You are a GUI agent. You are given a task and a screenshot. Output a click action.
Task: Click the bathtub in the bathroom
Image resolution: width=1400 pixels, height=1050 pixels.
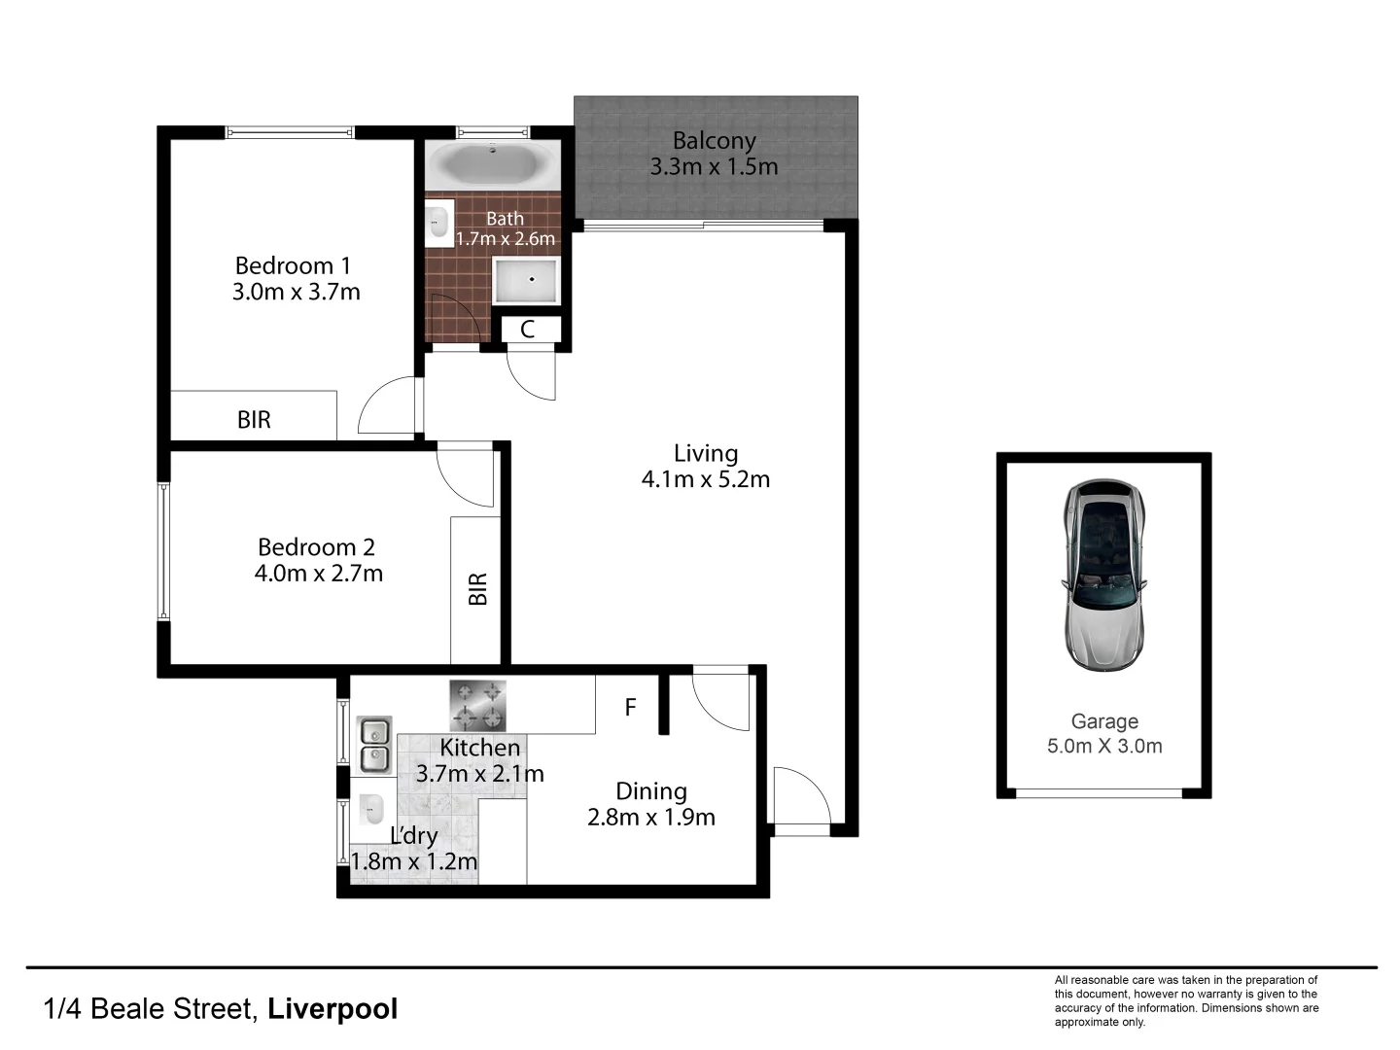[x=493, y=164]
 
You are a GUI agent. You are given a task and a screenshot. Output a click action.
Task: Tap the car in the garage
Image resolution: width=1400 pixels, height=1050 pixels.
[x=1103, y=575]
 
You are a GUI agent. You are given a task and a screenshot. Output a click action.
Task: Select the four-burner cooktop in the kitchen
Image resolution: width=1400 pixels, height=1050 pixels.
[x=477, y=705]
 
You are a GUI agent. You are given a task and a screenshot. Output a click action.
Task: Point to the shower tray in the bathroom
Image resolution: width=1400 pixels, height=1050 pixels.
[x=526, y=281]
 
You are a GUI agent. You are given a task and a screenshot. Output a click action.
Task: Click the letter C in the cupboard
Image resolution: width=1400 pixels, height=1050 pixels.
[x=527, y=330]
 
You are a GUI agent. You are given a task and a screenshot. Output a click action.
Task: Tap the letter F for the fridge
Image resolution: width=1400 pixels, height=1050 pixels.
[x=630, y=707]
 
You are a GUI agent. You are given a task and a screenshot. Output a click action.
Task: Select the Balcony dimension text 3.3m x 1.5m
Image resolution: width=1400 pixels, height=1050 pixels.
[x=714, y=167]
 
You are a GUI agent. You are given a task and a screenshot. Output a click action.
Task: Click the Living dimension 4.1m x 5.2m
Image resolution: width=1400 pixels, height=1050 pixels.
[x=706, y=479]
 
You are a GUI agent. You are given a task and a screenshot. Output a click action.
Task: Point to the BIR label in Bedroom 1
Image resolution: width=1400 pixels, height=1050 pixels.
[x=254, y=420]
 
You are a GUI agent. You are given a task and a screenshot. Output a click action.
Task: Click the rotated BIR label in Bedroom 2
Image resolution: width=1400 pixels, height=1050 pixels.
[x=477, y=589]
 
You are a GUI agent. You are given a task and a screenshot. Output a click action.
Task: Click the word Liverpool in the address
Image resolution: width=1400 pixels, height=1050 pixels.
[x=332, y=1009]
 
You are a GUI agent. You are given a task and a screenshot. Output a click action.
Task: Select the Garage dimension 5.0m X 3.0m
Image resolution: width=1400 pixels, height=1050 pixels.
[x=1104, y=746]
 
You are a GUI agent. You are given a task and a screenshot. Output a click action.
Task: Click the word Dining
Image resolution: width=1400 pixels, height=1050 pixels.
[x=651, y=791]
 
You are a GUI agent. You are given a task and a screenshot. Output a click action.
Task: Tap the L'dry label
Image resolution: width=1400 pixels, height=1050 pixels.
[x=413, y=836]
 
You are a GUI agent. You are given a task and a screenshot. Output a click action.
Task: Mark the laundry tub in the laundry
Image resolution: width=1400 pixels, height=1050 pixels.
[x=371, y=809]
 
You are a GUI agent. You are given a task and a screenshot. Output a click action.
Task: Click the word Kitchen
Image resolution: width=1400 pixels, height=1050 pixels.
[x=479, y=748]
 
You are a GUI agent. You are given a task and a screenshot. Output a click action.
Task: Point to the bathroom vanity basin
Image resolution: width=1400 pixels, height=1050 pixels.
[x=438, y=224]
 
